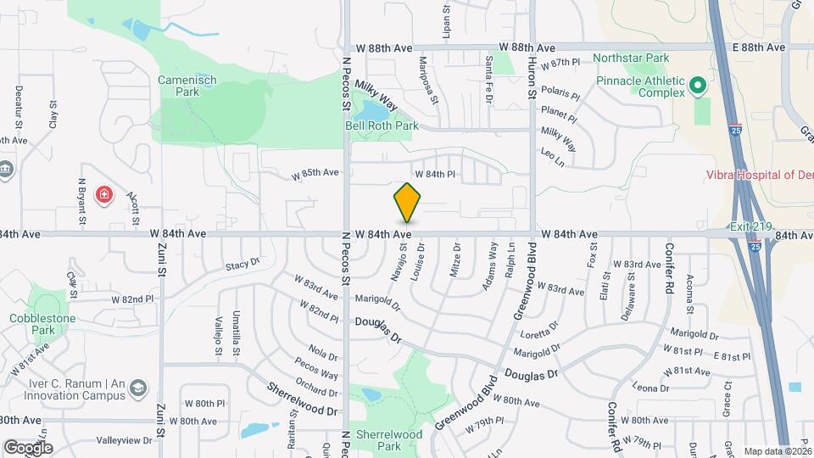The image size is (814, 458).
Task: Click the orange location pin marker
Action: (x=407, y=204)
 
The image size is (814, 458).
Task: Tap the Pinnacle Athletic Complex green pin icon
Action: (x=698, y=85)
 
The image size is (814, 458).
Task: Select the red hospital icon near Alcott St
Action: (x=104, y=196)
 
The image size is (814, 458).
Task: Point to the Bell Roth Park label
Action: (x=382, y=126)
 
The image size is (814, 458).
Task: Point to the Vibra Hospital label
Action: (x=760, y=175)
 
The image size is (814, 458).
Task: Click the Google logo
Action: (x=27, y=447)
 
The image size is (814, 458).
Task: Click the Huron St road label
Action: (x=532, y=76)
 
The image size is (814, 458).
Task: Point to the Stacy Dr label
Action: (x=242, y=265)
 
